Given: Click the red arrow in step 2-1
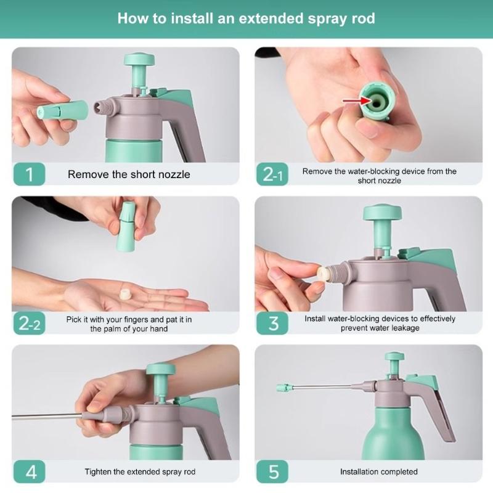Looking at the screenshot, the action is [357, 101].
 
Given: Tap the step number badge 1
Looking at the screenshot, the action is [29, 174].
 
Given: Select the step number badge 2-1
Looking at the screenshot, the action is [272, 174].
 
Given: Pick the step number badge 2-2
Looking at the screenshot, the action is [29, 323].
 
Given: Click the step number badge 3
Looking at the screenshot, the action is [272, 323].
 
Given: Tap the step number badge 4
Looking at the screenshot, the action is [29, 471].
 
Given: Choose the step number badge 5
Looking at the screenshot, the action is [272, 471].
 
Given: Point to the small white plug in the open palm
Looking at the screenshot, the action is [126, 295].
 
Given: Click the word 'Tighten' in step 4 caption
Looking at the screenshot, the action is [98, 471].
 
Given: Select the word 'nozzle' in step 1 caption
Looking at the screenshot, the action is [174, 174].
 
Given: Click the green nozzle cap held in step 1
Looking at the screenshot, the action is [62, 110].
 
